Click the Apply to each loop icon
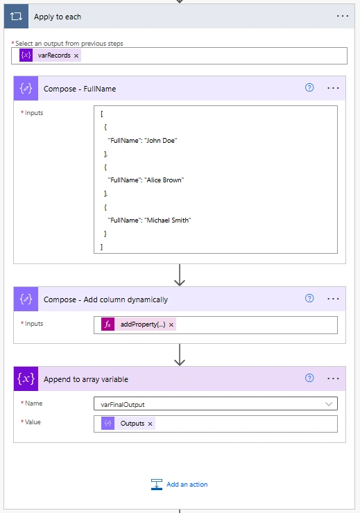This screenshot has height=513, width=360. (16, 17)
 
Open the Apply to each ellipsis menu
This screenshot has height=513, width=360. (343, 16)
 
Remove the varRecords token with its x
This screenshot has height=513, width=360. (76, 55)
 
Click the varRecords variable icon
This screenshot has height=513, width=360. (26, 55)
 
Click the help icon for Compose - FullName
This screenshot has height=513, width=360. (309, 87)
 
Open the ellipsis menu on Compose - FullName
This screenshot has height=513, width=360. (333, 88)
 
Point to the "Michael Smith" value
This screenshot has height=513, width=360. (168, 220)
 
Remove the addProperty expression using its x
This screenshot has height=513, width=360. (171, 324)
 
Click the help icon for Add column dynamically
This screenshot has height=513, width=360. (309, 298)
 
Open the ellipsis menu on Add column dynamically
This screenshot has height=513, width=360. (333, 299)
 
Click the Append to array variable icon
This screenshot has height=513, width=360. (26, 379)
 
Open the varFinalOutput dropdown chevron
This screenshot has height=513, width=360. (329, 403)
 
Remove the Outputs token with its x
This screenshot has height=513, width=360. (151, 424)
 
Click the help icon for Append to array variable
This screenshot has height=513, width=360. (309, 378)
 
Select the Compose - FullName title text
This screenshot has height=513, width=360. (80, 89)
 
